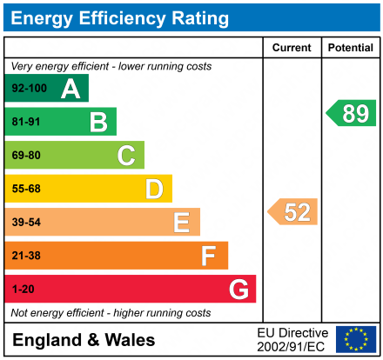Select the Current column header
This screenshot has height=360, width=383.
point(292,48)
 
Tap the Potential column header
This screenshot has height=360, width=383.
point(350,48)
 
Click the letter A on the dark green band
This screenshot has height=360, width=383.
point(71,89)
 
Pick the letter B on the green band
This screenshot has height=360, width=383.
point(98,122)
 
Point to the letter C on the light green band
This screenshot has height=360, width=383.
point(126,156)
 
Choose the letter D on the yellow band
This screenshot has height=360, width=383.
point(154,189)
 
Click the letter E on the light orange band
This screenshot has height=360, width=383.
point(181,223)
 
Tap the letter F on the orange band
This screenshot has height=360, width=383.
point(209,256)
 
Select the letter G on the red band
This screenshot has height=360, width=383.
point(238,289)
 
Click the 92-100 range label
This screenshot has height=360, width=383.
point(29,89)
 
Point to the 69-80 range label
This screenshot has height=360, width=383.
point(26,156)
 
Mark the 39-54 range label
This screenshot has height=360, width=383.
point(26,223)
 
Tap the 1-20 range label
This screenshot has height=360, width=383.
point(23,289)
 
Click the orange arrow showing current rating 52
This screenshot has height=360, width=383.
point(293,212)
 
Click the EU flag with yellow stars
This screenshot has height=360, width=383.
point(356,339)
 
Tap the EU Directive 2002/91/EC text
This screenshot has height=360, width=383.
point(292,339)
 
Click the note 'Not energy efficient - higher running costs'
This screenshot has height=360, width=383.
point(111,312)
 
